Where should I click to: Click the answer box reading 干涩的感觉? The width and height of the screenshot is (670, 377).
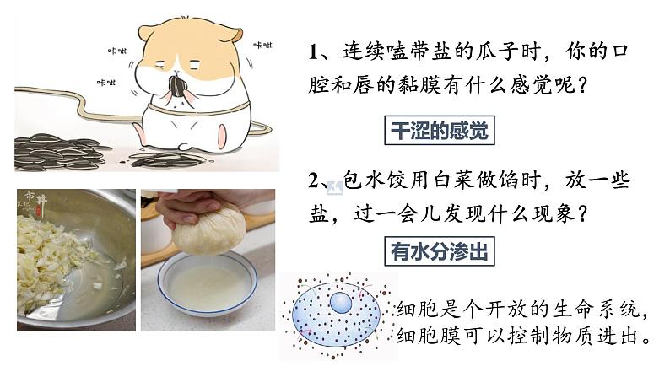(x=440, y=130)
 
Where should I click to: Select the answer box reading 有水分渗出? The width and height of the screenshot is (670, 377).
(x=440, y=251)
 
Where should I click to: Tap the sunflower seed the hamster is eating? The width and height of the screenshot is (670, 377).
(x=176, y=86)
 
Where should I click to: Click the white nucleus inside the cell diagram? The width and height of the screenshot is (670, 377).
(x=341, y=303)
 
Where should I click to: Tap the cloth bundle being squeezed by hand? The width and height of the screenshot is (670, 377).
(x=210, y=229)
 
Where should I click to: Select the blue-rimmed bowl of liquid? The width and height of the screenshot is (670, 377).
(x=208, y=283)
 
